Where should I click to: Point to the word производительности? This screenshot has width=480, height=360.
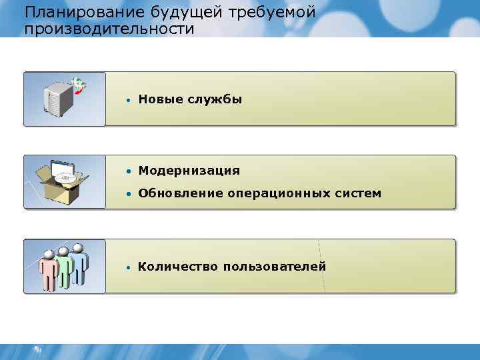click(x=109, y=29)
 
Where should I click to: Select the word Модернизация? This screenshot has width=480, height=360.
click(x=189, y=171)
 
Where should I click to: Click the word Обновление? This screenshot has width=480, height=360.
click(x=180, y=193)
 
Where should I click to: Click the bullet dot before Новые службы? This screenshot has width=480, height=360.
click(x=127, y=100)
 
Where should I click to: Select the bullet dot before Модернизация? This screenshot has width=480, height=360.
click(x=127, y=171)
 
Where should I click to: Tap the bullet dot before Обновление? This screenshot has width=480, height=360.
click(x=127, y=194)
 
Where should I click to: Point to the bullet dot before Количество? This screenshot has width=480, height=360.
click(x=127, y=267)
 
